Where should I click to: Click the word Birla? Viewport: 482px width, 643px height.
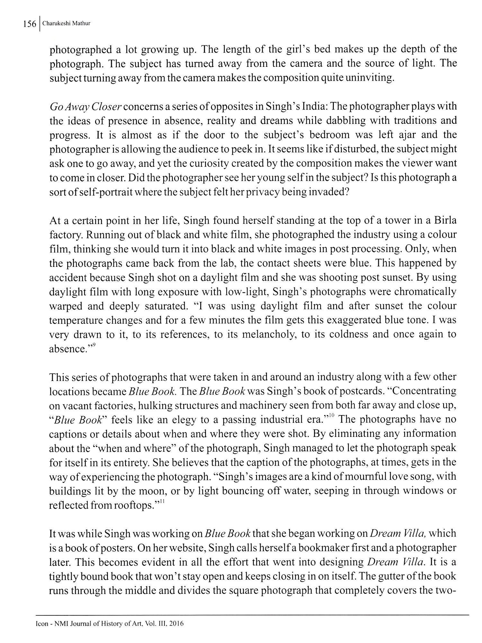(x=444, y=221)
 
